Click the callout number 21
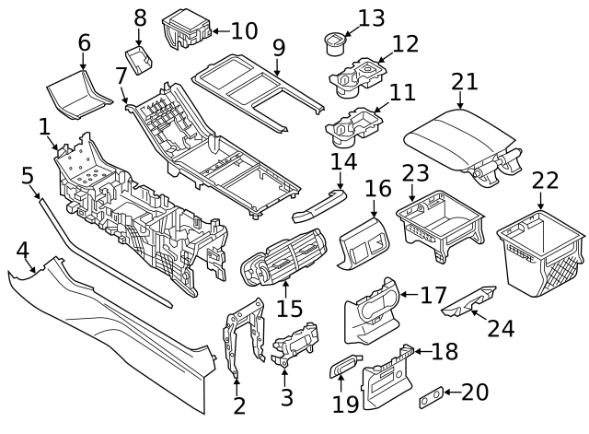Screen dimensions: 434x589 (465, 81)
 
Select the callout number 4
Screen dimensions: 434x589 (21, 248)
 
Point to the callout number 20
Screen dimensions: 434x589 (474, 392)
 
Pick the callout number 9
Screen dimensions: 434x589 (278, 47)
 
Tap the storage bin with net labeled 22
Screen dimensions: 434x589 (540, 253)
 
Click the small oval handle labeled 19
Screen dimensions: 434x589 (344, 368)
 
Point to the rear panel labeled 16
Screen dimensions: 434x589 (364, 242)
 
